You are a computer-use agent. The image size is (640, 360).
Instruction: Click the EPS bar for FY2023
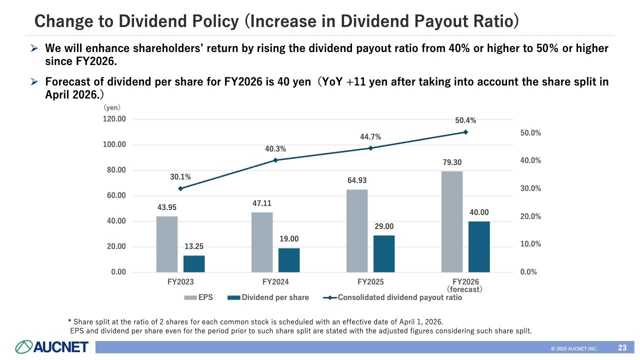pyautogui.click(x=167, y=244)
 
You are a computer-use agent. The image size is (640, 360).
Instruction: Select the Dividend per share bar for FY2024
pyautogui.click(x=289, y=260)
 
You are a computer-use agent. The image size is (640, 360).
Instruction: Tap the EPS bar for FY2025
pyautogui.click(x=357, y=230)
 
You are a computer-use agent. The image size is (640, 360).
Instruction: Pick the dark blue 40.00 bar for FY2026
pyautogui.click(x=479, y=246)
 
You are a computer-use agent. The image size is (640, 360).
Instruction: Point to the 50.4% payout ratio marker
pyautogui.click(x=465, y=132)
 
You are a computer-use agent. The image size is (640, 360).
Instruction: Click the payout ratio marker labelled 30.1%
pyautogui.click(x=180, y=188)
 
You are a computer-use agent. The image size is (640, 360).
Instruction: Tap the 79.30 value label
pyautogui.click(x=452, y=162)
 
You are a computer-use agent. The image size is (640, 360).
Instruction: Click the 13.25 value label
pyautogui.click(x=193, y=246)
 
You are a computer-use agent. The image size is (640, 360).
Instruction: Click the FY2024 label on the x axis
pyautogui.click(x=275, y=281)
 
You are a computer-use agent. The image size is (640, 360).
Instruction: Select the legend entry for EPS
pyautogui.click(x=198, y=297)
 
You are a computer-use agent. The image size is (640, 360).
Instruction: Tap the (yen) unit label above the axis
pyautogui.click(x=112, y=107)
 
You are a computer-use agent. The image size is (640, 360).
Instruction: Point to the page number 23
pyautogui.click(x=622, y=347)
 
